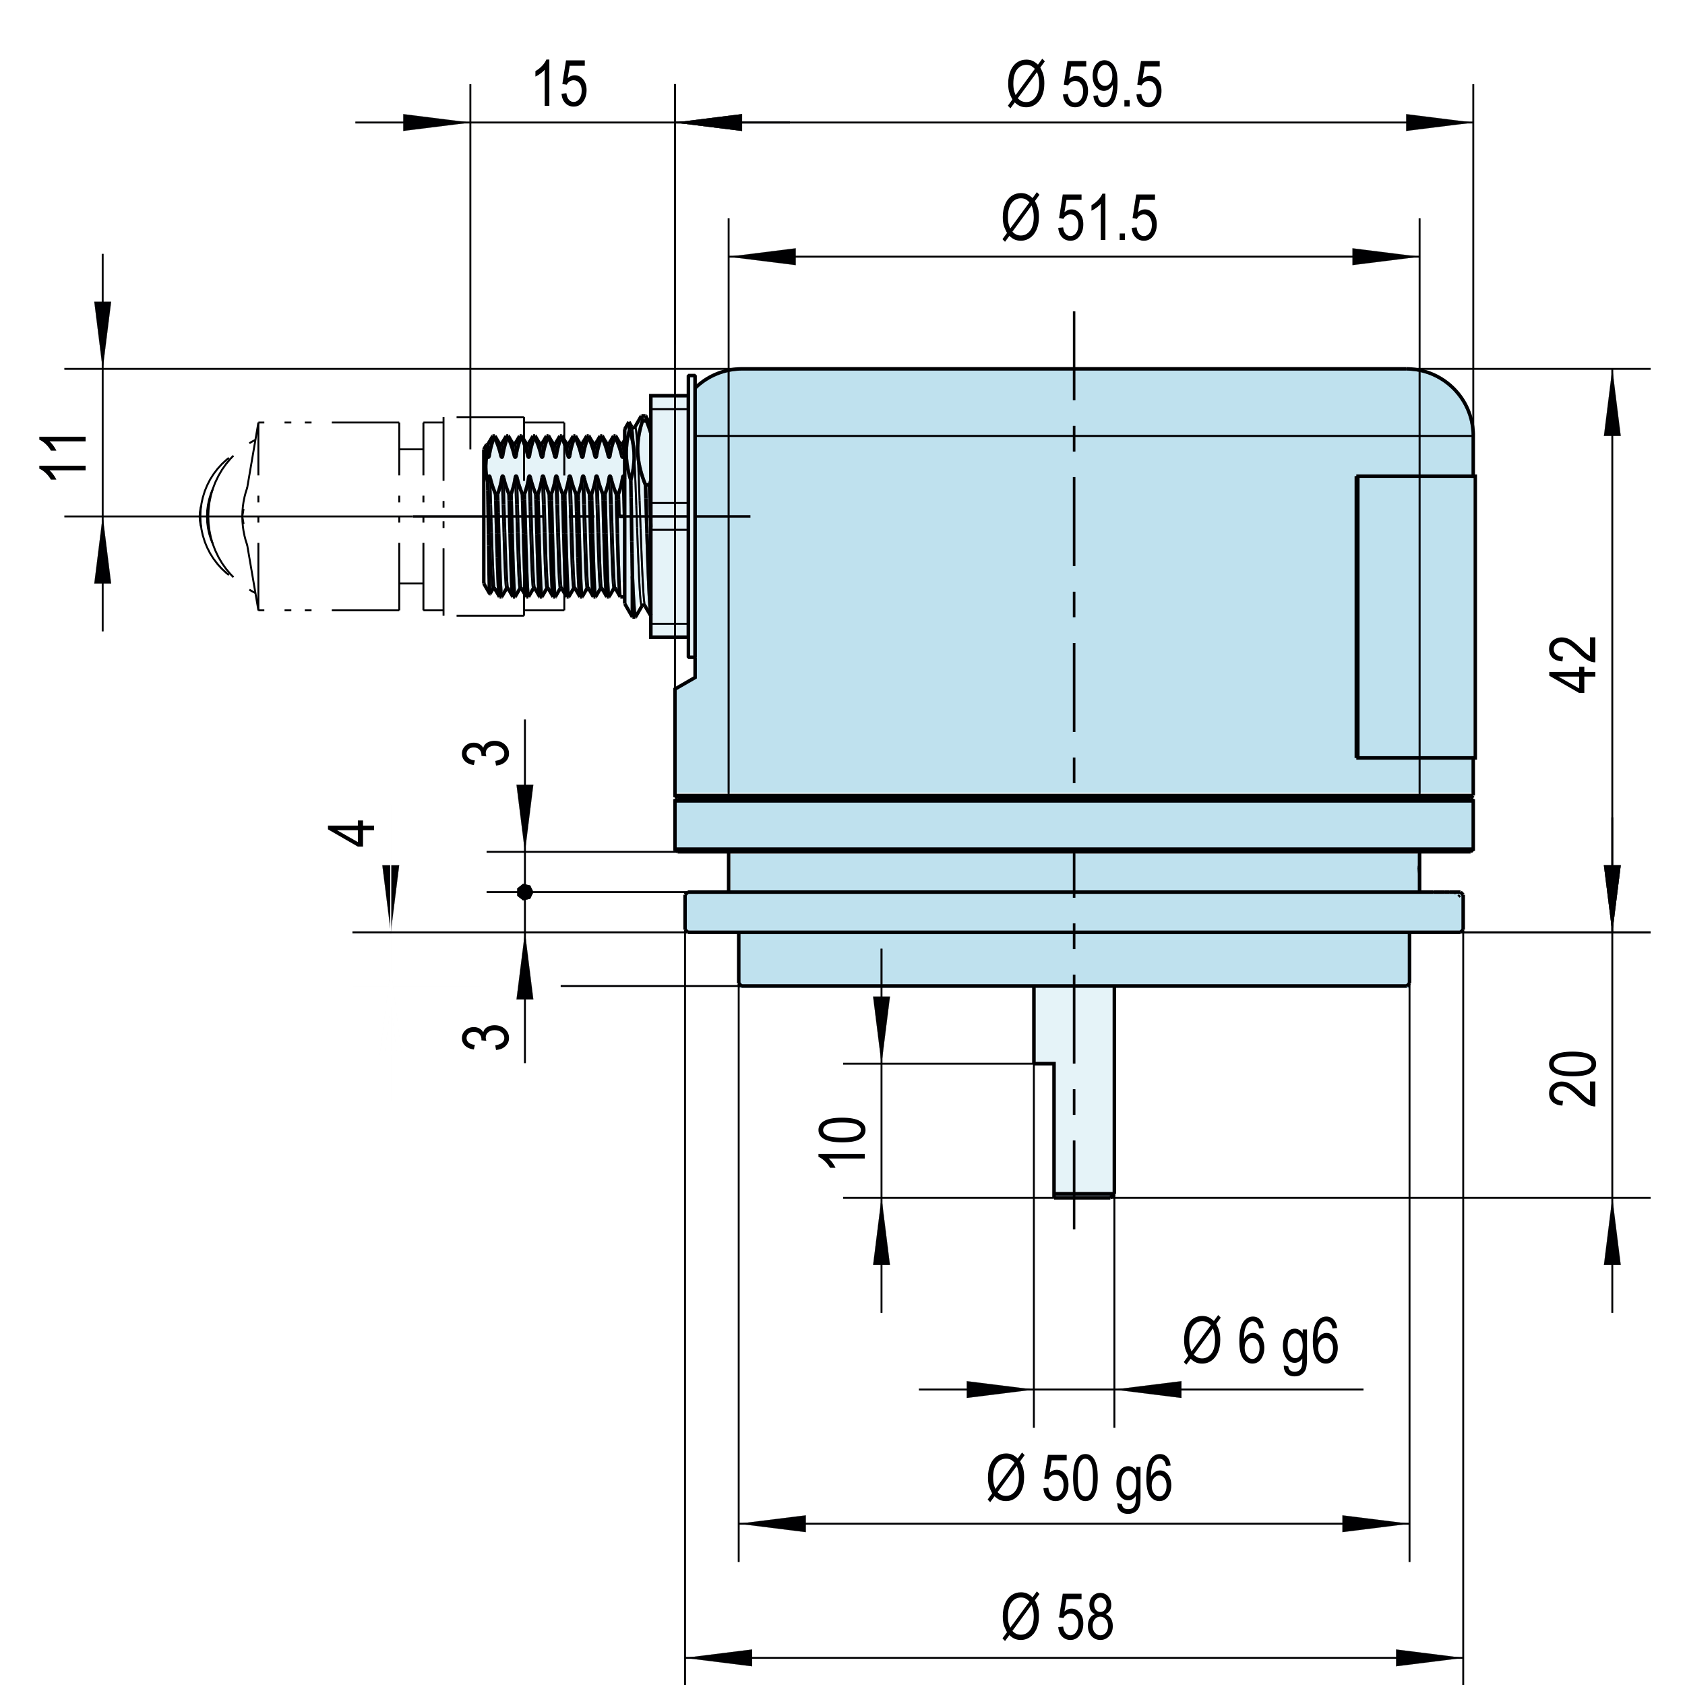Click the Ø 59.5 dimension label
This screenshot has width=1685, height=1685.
coord(1084,86)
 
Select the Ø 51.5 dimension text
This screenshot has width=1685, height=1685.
coord(1080,219)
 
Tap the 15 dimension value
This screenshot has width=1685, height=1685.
coord(560,85)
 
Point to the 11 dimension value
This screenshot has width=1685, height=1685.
coord(65,455)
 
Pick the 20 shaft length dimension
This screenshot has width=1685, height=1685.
coord(1573,1079)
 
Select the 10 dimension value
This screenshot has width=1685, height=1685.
coord(842,1142)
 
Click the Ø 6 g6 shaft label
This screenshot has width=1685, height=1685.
coord(1260,1343)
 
